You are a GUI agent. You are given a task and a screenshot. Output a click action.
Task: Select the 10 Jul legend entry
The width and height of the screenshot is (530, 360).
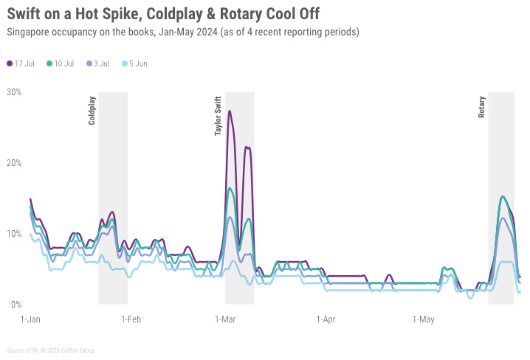point(63,63)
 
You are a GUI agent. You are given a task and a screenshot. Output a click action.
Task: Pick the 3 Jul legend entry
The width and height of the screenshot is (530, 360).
point(101,63)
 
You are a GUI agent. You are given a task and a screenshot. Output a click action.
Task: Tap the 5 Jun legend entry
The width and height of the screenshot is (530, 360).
point(137,63)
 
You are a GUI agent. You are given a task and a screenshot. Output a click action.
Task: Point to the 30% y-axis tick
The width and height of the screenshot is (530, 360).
point(14,92)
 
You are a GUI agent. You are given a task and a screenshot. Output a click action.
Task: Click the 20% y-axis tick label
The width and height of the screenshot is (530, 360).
point(14,163)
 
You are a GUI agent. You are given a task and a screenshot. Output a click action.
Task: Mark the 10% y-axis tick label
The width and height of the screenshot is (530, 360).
point(14,234)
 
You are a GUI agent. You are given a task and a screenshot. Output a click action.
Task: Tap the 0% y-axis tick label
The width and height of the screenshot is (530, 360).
point(16,305)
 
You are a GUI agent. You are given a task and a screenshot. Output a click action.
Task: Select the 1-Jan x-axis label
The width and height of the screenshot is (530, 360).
point(30,319)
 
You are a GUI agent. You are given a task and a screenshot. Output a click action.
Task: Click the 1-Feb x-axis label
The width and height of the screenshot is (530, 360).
point(131,319)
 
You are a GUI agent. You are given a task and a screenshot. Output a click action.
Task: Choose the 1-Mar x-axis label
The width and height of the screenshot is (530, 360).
point(224,319)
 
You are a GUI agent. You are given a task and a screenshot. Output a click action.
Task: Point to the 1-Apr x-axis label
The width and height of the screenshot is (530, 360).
point(326,319)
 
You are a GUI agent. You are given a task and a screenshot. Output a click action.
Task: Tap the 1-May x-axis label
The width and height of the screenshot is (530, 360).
point(423,319)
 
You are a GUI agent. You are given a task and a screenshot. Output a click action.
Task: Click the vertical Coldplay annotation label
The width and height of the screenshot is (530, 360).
point(92,110)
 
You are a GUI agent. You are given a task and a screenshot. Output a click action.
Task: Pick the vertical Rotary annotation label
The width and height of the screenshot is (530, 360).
point(482,108)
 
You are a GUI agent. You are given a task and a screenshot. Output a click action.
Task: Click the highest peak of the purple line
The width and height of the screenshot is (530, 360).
point(230,111)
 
